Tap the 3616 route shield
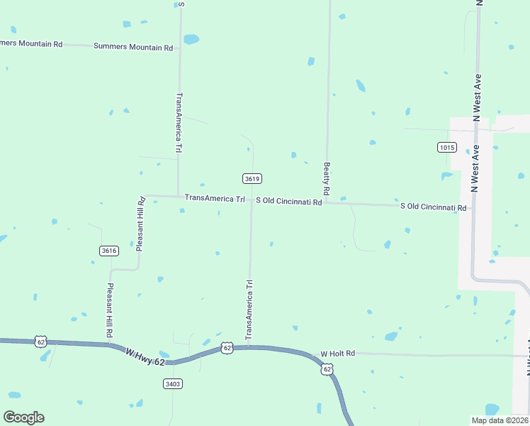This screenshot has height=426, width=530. click(x=109, y=251)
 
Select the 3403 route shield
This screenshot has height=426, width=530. click(x=172, y=383)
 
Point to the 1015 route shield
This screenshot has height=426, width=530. click(x=446, y=147)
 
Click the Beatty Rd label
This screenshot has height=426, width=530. click(x=327, y=179)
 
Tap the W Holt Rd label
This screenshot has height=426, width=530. click(x=337, y=354)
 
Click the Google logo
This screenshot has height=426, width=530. click(x=23, y=417)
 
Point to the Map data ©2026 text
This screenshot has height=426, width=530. click(x=499, y=420)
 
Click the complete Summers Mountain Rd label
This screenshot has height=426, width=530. click(x=133, y=48)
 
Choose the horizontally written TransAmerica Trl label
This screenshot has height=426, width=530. click(x=215, y=199)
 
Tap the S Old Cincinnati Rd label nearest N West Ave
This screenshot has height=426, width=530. click(x=434, y=207)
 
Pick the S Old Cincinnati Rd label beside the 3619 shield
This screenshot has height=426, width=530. click(x=289, y=202)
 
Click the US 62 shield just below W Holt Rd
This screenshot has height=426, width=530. click(x=327, y=369)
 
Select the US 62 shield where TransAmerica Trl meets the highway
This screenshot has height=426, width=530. click(x=227, y=348)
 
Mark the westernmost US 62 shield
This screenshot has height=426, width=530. click(x=40, y=342)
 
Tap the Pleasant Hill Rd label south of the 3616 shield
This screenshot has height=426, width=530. click(x=111, y=310)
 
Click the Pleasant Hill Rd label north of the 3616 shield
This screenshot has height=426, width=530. click(x=140, y=225)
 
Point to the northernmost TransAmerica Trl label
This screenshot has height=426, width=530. click(x=179, y=123)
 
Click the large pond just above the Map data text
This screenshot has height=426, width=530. click(x=492, y=409)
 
